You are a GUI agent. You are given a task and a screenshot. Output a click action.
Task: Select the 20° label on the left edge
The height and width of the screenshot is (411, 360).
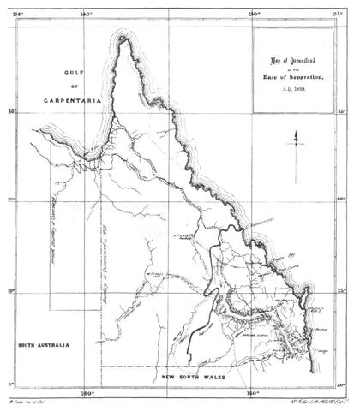coord(11,200)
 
